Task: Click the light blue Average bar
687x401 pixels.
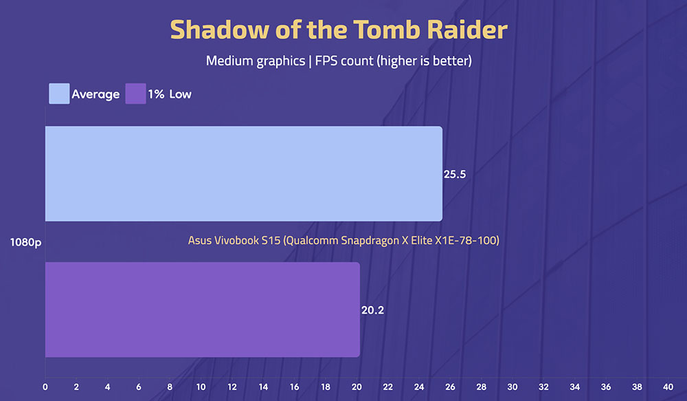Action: (x=244, y=174)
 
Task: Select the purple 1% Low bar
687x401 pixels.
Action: (x=203, y=310)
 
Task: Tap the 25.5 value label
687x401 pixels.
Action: (x=455, y=174)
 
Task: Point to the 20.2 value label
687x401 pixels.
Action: (x=372, y=310)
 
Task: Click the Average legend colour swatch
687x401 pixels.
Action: (x=59, y=94)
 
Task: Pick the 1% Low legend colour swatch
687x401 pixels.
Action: (x=136, y=94)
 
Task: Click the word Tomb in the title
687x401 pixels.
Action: (x=386, y=30)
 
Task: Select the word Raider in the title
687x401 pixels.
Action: (x=467, y=30)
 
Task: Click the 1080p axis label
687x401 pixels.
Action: (x=25, y=242)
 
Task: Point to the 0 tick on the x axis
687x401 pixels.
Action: (x=45, y=387)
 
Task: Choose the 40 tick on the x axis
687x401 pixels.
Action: (x=668, y=387)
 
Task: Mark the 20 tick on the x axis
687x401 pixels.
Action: (x=357, y=387)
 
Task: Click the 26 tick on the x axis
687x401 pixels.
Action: (x=450, y=387)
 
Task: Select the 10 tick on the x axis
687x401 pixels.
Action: (x=201, y=387)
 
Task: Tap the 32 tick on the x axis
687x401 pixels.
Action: (x=543, y=387)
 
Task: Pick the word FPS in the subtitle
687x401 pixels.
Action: (x=326, y=61)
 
